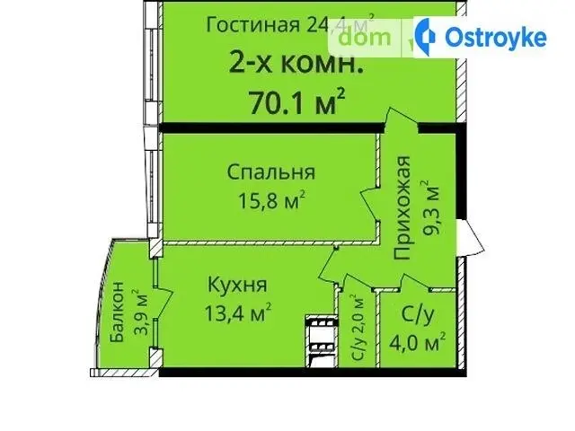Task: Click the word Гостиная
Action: click(253, 25)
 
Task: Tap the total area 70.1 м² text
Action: click(297, 101)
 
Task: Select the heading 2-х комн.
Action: click(296, 64)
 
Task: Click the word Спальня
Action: click(271, 172)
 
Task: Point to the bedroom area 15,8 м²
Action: click(271, 200)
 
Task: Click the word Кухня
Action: click(237, 285)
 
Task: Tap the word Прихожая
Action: click(402, 207)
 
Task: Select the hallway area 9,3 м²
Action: click(431, 207)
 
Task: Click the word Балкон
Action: click(118, 312)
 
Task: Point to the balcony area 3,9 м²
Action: click(141, 312)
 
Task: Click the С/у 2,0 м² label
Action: click(358, 327)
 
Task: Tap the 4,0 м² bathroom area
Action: click(418, 343)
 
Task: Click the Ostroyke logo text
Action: click(496, 38)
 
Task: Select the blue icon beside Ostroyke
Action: click(426, 37)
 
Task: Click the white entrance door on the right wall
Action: click(471, 238)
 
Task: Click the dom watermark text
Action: click(364, 38)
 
